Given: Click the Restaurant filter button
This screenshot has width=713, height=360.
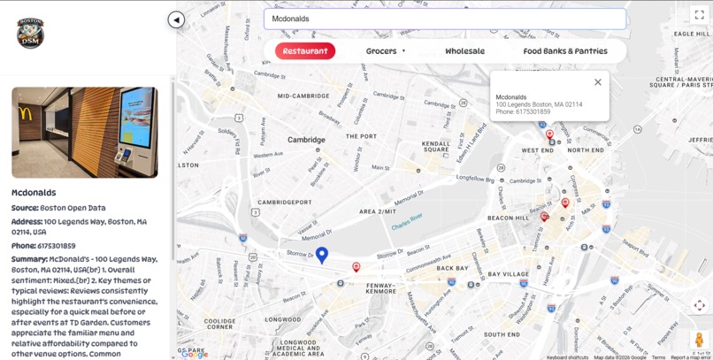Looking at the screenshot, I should (x=305, y=51).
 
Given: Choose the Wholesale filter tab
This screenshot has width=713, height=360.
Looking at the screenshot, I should (x=464, y=51).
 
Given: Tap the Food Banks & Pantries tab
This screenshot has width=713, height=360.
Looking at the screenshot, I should (x=565, y=51).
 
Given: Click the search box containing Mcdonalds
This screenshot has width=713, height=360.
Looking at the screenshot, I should (x=444, y=19).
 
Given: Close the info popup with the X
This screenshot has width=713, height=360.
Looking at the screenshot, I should (x=598, y=82).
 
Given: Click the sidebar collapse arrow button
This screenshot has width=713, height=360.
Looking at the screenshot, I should (x=176, y=19).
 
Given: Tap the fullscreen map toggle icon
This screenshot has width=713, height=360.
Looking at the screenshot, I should (x=699, y=14).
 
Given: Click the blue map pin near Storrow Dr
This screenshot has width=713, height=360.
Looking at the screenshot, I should (x=322, y=255).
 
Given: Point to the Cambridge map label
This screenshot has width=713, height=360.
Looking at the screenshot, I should (x=306, y=140).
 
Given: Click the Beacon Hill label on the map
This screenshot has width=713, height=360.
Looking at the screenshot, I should (x=508, y=218).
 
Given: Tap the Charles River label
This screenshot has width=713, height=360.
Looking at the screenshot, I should (x=407, y=221).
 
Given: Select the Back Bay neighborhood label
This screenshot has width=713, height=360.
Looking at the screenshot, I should (x=452, y=268).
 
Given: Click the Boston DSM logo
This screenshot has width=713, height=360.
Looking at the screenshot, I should (x=30, y=33).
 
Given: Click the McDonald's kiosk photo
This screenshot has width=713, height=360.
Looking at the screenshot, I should (x=85, y=132).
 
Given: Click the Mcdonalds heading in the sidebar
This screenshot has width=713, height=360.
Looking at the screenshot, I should (x=34, y=193).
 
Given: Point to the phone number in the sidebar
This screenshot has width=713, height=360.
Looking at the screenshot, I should (x=56, y=246).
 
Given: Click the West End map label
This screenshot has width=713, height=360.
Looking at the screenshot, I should (x=537, y=150).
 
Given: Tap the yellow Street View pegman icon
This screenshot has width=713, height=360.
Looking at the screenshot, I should (x=699, y=340).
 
